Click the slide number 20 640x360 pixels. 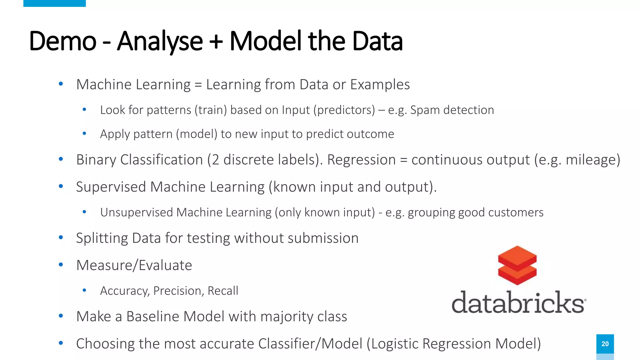tap(605, 344)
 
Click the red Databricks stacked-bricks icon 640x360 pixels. tap(517, 265)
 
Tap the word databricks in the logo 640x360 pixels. tap(518, 302)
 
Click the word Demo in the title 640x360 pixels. tap(62, 41)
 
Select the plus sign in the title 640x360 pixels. tap(216, 42)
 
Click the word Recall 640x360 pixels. tap(223, 291)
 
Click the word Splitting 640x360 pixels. tap(102, 238)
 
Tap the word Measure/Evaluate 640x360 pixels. tap(134, 265)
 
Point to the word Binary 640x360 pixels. tap(96, 160)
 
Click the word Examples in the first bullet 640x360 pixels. tap(380, 84)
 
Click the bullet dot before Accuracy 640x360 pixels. tap(84, 290)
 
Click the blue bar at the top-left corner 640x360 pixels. tap(54, 3)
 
